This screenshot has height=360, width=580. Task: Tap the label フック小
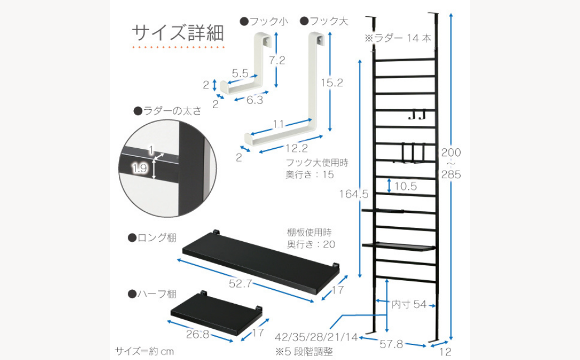(x=264, y=21)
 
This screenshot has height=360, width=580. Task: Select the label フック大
(x=325, y=21)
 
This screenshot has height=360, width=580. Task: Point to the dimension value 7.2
(x=277, y=60)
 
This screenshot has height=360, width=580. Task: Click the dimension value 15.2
(x=332, y=83)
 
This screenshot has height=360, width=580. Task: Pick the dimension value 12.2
(x=297, y=148)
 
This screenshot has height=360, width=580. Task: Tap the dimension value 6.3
(x=255, y=100)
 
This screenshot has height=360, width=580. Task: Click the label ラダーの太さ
(x=167, y=110)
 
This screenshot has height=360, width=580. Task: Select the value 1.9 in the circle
(x=140, y=169)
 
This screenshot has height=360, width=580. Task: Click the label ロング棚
(x=152, y=237)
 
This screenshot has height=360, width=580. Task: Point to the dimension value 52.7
(x=240, y=284)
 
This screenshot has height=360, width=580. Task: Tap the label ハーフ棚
(x=152, y=294)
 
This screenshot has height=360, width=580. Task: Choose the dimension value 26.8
(x=198, y=334)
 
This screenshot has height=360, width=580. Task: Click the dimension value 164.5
(x=354, y=194)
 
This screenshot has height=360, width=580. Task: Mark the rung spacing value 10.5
(x=405, y=186)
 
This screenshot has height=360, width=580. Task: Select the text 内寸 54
(x=409, y=304)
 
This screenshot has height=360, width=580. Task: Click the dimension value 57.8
(x=391, y=344)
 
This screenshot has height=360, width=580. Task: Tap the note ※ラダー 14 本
(x=398, y=38)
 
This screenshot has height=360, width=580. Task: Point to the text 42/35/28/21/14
(x=317, y=337)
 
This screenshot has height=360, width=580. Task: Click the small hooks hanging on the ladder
(x=417, y=114)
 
